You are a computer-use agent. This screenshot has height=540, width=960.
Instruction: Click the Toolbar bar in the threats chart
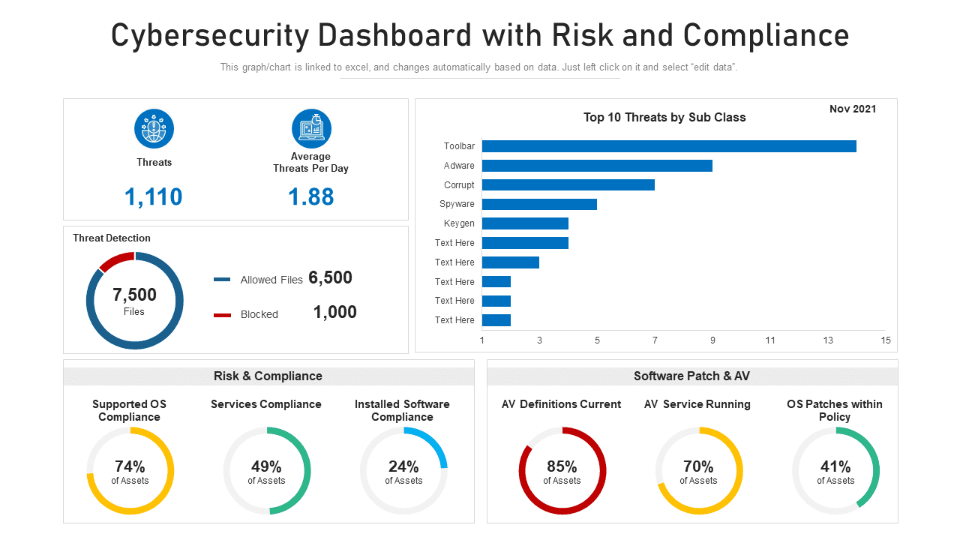668,146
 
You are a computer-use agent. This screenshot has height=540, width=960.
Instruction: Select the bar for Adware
596,166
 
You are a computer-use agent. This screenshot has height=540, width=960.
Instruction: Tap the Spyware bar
538,204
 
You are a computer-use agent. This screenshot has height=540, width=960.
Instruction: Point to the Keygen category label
459,223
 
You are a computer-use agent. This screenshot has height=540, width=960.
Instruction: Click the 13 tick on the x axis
828,340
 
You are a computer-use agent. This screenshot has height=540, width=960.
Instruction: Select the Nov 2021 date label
852,109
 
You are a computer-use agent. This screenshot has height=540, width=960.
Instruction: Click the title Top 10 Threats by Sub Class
664,117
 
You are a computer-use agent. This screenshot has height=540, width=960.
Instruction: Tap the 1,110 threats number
153,196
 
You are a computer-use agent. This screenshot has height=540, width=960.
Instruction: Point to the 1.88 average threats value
310,196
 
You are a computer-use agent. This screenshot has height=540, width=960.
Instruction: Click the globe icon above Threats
154,129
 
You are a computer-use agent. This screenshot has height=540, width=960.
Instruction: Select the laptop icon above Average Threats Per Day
311,129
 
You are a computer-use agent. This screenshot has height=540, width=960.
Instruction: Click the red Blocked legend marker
222,315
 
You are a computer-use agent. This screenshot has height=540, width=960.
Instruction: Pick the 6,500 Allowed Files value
330,278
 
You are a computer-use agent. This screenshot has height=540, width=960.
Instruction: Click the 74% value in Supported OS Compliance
130,466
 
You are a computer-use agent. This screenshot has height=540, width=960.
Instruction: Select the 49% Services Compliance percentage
266,466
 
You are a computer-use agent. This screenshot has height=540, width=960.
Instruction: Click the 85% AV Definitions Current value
562,466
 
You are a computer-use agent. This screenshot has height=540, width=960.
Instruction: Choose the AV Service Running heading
697,404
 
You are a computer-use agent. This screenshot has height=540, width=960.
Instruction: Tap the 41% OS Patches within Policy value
835,466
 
